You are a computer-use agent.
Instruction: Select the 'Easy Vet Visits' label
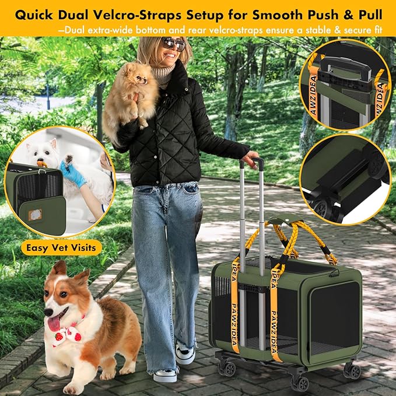(x=62, y=247)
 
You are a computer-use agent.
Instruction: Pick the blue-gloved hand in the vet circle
(x=74, y=173)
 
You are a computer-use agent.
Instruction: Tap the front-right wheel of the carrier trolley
(x=352, y=372)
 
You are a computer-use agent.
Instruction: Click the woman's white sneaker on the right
(x=185, y=355)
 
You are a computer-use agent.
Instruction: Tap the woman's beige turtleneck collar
(x=163, y=75)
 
